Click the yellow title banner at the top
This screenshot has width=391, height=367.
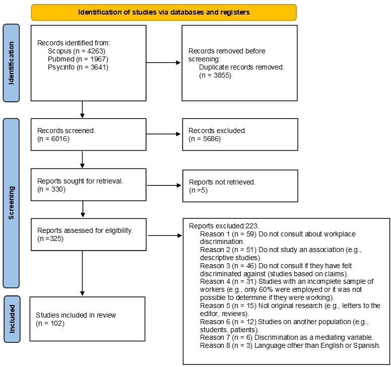click(164, 12)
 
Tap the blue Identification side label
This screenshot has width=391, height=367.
click(11, 63)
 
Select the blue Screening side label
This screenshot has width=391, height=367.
click(11, 203)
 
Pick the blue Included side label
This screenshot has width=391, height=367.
click(12, 319)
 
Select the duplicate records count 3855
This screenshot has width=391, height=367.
click(221, 75)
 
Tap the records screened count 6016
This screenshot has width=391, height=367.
click(59, 139)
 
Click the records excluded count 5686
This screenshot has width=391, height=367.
click(211, 139)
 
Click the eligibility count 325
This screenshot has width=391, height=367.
click(55, 239)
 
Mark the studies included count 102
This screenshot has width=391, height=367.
click(56, 323)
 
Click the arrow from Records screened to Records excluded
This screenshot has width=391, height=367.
click(164, 134)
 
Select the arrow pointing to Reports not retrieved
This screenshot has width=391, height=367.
click(164, 186)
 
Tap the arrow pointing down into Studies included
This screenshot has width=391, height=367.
click(82, 273)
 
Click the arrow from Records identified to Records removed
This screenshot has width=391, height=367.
click(163, 63)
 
